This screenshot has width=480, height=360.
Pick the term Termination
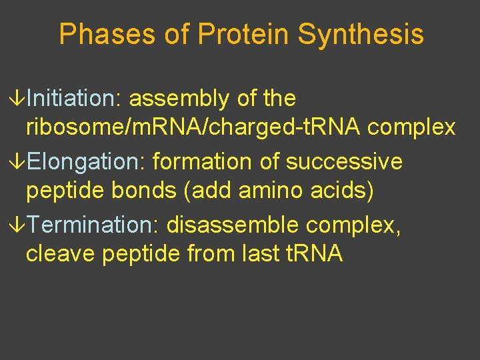(92, 225)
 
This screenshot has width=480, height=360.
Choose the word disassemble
(233, 225)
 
